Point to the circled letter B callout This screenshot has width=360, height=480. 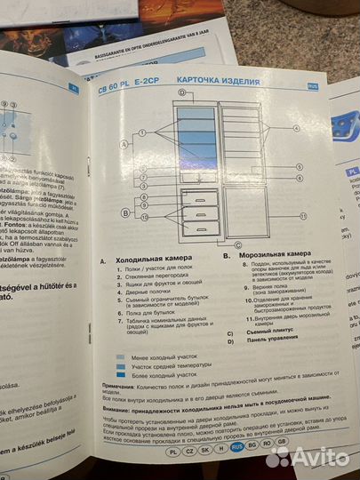pos(126,214)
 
